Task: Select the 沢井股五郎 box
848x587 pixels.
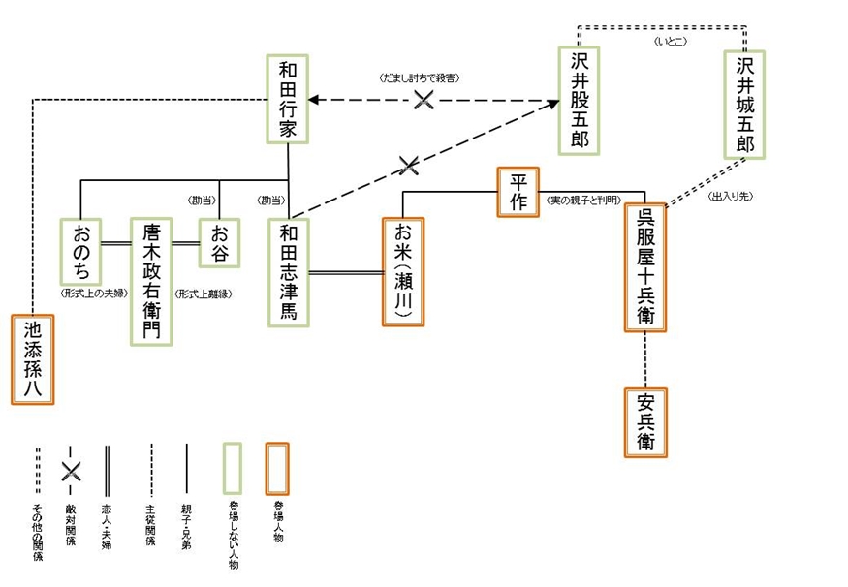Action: (x=579, y=100)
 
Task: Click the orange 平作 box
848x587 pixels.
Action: (x=517, y=192)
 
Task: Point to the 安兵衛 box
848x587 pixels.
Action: (x=646, y=422)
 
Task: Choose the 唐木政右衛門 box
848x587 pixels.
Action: (x=152, y=281)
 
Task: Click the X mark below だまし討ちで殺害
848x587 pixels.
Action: (x=423, y=99)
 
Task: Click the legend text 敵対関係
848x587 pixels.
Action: (x=70, y=523)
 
